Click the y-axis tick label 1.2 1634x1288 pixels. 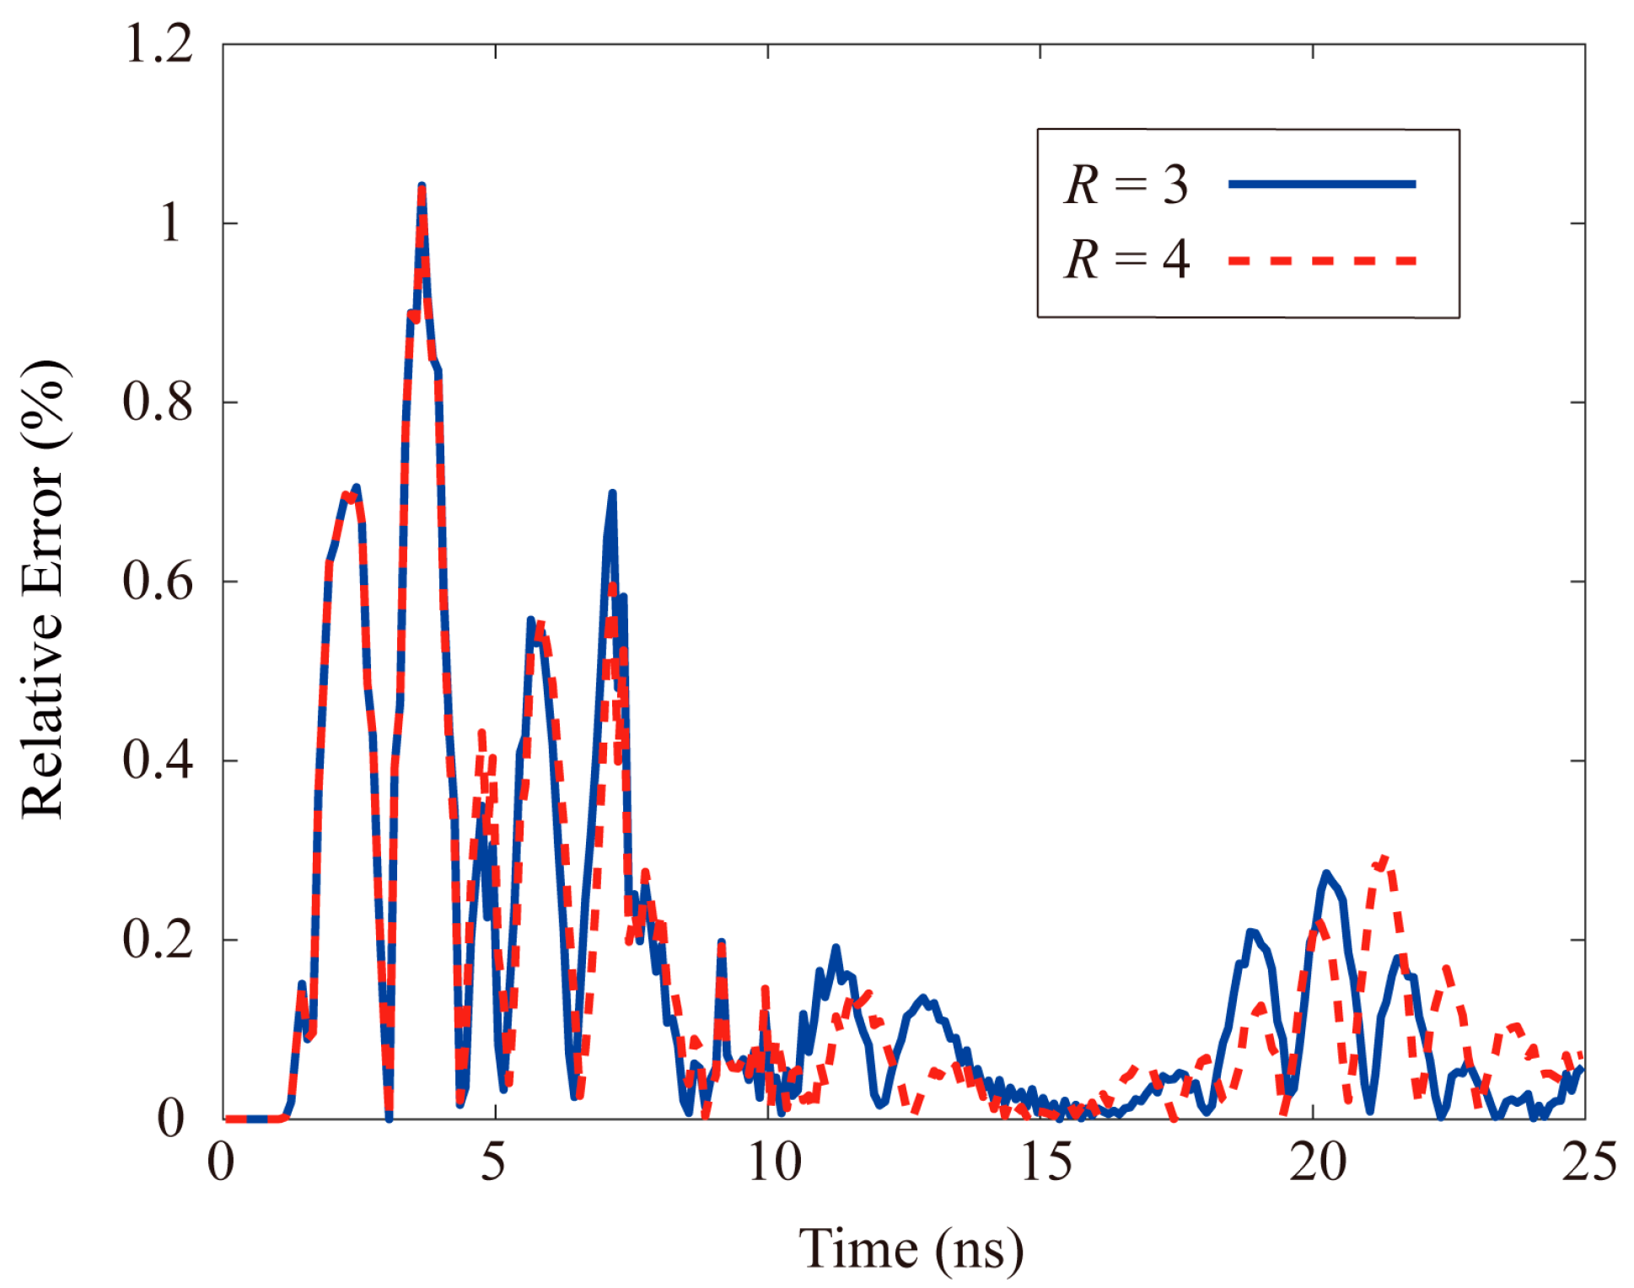(159, 44)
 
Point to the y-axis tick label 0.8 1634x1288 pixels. (158, 402)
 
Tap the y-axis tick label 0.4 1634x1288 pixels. (158, 760)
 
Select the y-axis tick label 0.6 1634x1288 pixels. (158, 582)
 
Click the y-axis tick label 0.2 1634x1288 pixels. (158, 939)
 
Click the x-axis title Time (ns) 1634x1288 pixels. (911, 1249)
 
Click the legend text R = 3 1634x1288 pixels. (1126, 185)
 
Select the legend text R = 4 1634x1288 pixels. (1126, 259)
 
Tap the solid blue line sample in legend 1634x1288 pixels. (1321, 184)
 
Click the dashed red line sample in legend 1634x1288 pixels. (1321, 260)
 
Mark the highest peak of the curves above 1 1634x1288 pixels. (422, 187)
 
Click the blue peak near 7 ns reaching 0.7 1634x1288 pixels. (612, 494)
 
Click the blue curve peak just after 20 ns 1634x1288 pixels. (1326, 873)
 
